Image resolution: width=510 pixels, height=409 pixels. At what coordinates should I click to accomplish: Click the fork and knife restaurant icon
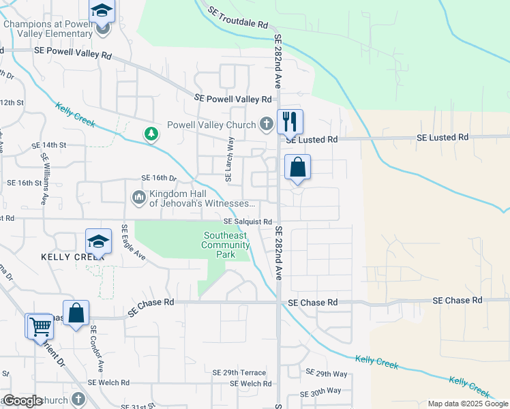click(290, 122)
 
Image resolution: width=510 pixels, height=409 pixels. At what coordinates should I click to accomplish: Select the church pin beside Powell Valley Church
click(267, 125)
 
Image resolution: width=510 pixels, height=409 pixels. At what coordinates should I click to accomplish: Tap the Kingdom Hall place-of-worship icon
click(138, 198)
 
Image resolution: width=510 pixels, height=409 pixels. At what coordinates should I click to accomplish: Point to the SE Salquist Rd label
click(248, 222)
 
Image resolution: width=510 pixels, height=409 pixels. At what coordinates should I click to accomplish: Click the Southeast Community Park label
click(226, 245)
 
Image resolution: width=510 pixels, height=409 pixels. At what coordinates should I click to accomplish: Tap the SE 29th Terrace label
click(239, 373)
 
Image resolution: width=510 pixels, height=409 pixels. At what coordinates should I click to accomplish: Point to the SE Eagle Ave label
click(134, 243)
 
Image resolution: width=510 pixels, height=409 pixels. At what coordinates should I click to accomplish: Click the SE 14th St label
click(49, 145)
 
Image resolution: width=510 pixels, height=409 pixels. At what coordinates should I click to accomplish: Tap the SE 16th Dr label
click(159, 178)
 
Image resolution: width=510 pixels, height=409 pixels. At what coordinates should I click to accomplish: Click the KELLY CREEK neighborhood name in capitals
click(61, 257)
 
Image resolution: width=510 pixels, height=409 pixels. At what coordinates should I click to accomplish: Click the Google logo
click(22, 401)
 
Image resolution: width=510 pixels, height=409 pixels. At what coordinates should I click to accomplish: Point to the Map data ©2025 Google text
click(467, 404)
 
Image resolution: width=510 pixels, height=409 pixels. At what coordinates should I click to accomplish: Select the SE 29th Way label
click(327, 374)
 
